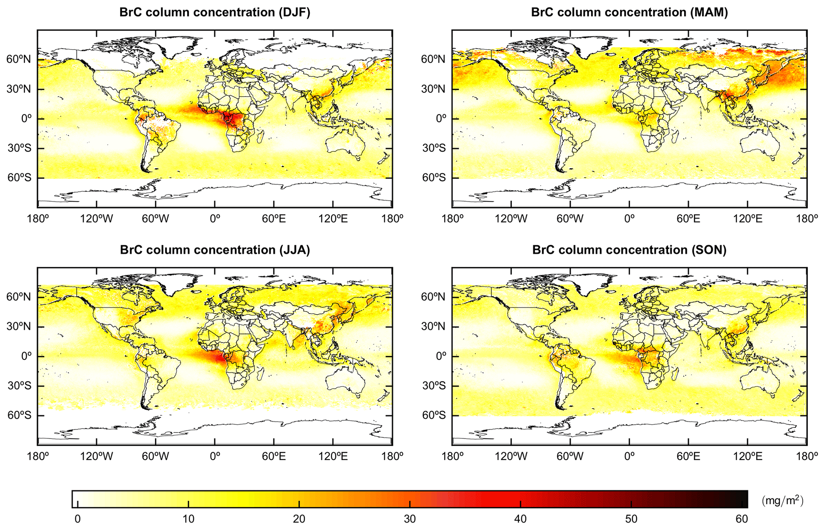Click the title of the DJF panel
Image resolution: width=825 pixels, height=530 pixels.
coord(215,12)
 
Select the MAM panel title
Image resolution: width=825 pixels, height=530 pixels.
coord(629,12)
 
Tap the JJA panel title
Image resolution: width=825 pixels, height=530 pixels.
coord(215,250)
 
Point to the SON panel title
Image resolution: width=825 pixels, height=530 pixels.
coord(629,250)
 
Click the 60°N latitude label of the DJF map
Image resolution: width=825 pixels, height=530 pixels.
coord(19,60)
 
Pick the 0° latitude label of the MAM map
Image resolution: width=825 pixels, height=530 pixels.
coord(441,119)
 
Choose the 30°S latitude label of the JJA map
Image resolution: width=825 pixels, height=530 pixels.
coord(19,386)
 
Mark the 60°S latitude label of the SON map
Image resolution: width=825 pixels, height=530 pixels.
coord(433,416)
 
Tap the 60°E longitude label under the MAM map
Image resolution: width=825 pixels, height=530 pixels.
coord(688,219)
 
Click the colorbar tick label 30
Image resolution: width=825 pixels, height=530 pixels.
coord(410,519)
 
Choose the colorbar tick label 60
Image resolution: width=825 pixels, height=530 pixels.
coord(742,519)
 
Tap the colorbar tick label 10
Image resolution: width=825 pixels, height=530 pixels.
coord(188,519)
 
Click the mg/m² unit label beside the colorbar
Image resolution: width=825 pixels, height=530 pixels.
coord(782,500)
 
